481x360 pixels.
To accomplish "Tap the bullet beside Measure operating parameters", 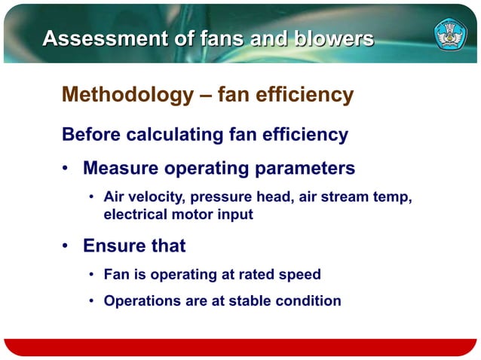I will point(67,169).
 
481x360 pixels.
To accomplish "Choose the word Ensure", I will point(114,246).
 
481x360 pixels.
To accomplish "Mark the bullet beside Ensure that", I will point(67,246).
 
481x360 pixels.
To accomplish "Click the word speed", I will point(301,275).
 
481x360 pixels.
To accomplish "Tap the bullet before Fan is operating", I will point(90,275).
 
